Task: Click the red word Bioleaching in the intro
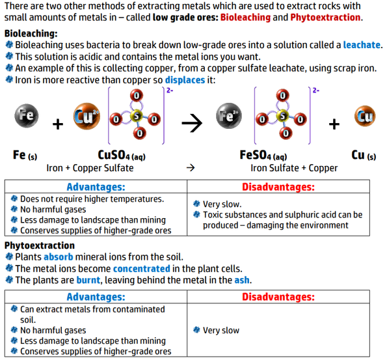coord(245,18)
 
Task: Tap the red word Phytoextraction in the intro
coord(325,18)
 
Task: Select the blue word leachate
coord(362,45)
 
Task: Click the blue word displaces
coord(185,80)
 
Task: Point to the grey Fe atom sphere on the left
coord(27,116)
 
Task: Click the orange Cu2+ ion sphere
coord(87,116)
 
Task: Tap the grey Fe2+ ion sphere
coord(229,116)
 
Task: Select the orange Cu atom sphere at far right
coord(365,116)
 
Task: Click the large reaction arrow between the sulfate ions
coord(192,123)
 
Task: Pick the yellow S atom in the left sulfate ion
coord(137,116)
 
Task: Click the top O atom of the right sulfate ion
coord(283,96)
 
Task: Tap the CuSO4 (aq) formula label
coord(122,156)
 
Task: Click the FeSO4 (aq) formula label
coord(263,156)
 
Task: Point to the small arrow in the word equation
coord(191,168)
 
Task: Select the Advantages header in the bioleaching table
coord(96,187)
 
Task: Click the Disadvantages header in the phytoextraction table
coord(278,297)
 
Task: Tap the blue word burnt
coord(88,280)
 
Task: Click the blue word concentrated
coord(142,268)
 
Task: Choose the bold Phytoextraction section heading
coord(40,245)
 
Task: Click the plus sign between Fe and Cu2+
coord(58,124)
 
